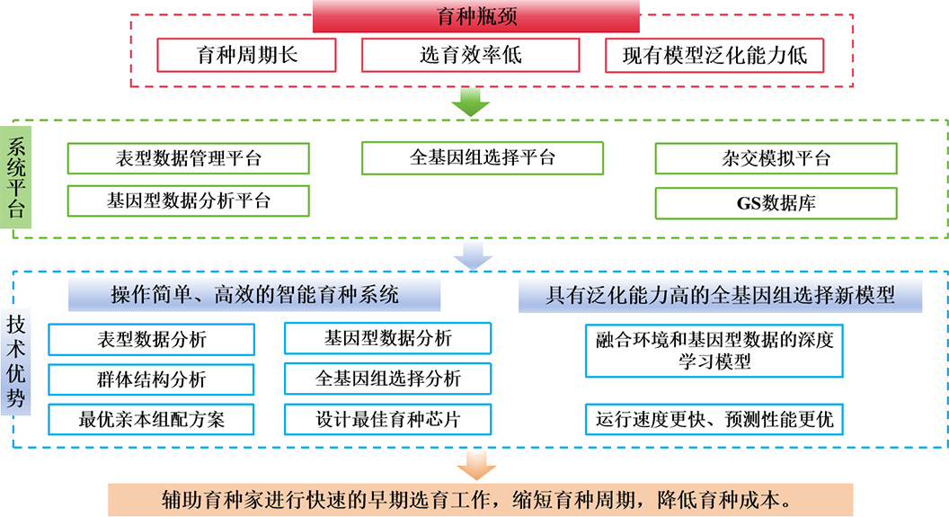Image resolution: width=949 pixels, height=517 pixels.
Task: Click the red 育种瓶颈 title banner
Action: click(475, 16)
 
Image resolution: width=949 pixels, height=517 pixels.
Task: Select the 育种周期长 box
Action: click(246, 55)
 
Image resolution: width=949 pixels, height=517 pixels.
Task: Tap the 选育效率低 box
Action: click(470, 55)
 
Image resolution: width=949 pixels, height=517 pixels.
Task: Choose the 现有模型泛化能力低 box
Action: click(714, 55)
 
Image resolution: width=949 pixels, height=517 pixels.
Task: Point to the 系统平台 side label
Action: click(17, 177)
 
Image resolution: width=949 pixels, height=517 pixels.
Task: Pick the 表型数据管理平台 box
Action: click(189, 158)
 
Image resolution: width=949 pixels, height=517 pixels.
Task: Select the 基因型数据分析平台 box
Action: click(189, 201)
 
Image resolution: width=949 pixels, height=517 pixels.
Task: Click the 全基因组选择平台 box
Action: click(483, 157)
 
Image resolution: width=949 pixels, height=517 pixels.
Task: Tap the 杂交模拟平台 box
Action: click(776, 158)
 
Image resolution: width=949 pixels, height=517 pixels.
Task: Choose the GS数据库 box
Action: click(776, 202)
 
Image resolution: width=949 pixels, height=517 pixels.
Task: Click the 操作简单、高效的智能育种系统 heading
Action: click(254, 295)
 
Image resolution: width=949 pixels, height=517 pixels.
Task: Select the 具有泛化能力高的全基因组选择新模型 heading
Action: click(720, 295)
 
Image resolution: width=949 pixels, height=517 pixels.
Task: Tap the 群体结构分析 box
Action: click(151, 379)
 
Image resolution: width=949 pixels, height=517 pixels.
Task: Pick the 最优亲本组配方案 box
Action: click(151, 419)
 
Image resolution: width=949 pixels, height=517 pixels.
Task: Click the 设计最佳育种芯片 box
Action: click(387, 419)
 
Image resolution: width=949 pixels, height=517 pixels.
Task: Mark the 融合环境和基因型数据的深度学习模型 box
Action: click(714, 351)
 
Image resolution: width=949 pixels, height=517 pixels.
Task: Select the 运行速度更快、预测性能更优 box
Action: click(714, 419)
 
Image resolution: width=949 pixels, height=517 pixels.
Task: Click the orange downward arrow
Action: click(475, 465)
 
